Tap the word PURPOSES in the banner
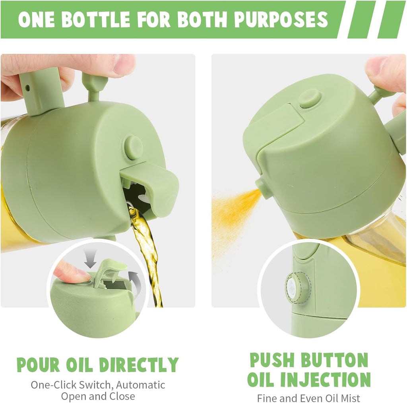coord(281,19)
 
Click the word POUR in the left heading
coord(38,364)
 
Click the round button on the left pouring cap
coord(133,147)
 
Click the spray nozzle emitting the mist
coord(264,188)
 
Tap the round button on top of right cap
coord(310,98)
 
